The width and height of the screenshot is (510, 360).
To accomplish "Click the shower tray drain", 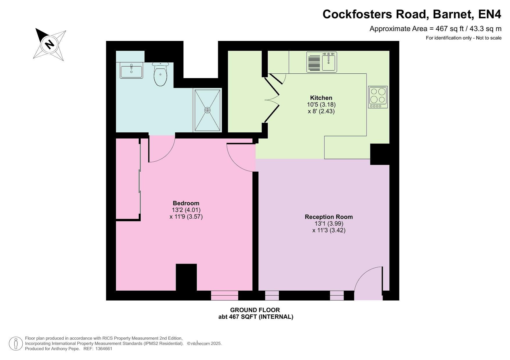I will [207, 110].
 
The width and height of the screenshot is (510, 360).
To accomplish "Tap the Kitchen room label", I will [321, 98].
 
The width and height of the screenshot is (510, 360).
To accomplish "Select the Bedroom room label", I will [186, 203].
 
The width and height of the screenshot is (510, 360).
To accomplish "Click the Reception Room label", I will [329, 217].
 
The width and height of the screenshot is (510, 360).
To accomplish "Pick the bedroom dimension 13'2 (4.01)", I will [186, 210].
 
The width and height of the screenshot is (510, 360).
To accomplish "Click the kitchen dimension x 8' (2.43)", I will [321, 111].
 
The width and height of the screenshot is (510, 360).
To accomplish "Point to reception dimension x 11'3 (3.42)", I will [329, 231].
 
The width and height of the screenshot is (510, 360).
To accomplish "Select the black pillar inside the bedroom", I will [186, 277].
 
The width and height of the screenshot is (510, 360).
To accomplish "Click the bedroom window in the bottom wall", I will [224, 295].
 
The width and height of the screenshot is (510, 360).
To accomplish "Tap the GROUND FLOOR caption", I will [255, 310].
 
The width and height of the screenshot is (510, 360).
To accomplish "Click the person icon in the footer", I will [16, 343].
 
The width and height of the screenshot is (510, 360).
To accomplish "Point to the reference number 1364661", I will [102, 349].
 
